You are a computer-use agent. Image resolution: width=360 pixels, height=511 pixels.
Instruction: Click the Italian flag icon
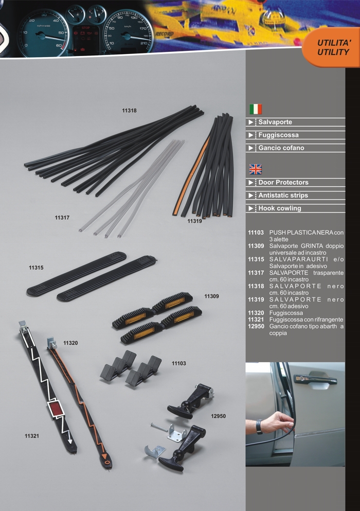[x=256, y=109]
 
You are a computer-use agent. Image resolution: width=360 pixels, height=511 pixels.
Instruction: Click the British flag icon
[x=256, y=169]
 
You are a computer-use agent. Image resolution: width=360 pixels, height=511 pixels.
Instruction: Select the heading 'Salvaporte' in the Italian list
[x=275, y=122]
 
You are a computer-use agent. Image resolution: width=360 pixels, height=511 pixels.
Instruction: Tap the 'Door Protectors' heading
[x=283, y=183]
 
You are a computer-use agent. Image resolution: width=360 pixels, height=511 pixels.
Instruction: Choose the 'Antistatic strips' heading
[x=283, y=195]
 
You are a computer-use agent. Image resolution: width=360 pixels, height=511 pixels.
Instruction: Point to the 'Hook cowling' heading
[x=280, y=208]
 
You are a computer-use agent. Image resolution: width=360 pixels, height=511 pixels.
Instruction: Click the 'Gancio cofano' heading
[x=281, y=148]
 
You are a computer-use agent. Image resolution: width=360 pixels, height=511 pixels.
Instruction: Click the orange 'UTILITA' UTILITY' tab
[x=332, y=47]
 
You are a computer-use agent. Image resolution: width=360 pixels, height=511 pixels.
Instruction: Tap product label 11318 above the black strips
[x=129, y=111]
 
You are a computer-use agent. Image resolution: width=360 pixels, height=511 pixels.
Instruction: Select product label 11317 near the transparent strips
[x=62, y=218]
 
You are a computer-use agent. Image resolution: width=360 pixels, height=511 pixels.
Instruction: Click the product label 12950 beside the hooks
[x=218, y=416]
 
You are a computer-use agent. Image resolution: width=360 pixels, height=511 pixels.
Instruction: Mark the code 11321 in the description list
[x=256, y=320]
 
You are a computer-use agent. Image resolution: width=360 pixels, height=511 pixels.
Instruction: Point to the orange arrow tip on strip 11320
[x=104, y=456]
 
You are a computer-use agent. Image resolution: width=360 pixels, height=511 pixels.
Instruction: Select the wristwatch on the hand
[x=259, y=427]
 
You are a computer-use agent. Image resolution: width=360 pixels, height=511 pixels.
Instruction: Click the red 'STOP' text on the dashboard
[x=86, y=28]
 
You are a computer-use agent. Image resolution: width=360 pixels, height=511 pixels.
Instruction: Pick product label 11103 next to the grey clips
[x=179, y=363]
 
